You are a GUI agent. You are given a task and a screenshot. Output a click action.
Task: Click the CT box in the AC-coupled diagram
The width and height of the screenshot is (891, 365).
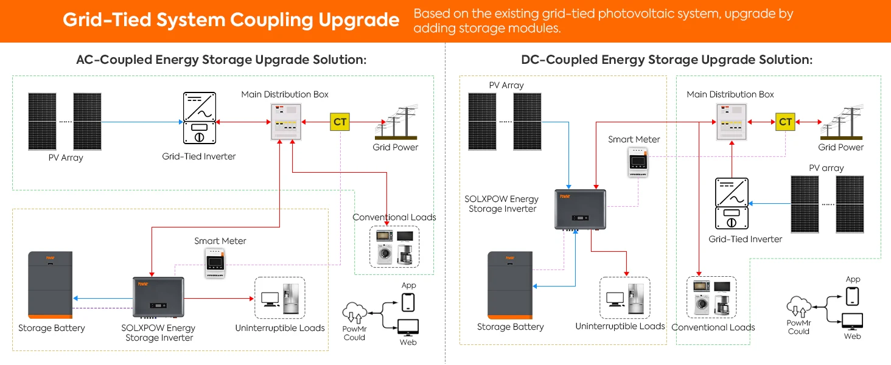(x=340, y=122)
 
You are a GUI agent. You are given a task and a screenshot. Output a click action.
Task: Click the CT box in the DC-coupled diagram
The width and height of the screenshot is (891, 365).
(x=785, y=122)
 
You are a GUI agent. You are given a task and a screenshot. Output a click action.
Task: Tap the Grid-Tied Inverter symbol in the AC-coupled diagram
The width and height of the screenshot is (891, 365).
(x=199, y=118)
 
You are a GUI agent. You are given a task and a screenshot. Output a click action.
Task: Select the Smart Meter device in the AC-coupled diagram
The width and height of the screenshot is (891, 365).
(x=215, y=263)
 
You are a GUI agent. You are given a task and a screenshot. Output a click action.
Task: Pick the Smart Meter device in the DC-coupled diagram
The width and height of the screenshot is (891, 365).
(x=638, y=162)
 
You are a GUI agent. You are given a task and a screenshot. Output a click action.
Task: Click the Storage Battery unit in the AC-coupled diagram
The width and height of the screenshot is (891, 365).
(x=50, y=285)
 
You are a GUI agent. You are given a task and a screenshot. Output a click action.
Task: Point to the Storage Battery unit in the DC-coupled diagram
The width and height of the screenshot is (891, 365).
(x=510, y=285)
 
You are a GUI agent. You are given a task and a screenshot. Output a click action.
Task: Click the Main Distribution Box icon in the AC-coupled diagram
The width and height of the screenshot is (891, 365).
(x=286, y=122)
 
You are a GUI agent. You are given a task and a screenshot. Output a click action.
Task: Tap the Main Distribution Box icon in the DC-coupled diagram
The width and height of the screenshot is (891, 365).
(x=732, y=122)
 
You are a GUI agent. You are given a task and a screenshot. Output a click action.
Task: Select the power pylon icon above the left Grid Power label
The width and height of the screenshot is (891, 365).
(x=396, y=122)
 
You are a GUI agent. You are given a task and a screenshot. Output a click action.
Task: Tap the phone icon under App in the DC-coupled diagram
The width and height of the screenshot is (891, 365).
(x=853, y=296)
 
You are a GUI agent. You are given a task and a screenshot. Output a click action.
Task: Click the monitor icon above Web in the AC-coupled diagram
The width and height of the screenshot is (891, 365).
(x=408, y=328)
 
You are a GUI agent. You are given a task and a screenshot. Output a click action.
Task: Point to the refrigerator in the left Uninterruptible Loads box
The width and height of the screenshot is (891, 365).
(x=291, y=298)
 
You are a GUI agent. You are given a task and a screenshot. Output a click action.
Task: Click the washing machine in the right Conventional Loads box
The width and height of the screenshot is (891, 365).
(x=702, y=305)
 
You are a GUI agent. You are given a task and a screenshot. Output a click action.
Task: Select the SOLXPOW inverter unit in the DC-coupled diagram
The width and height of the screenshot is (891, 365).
(x=581, y=209)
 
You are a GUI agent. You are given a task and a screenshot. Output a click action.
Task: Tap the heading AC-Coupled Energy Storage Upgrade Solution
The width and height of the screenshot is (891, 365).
(x=221, y=60)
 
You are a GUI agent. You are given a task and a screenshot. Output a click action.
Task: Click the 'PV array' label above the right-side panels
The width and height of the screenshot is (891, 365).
(x=826, y=168)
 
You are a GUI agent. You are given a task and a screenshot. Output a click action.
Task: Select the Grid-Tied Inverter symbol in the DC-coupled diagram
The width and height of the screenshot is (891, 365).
(x=732, y=204)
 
